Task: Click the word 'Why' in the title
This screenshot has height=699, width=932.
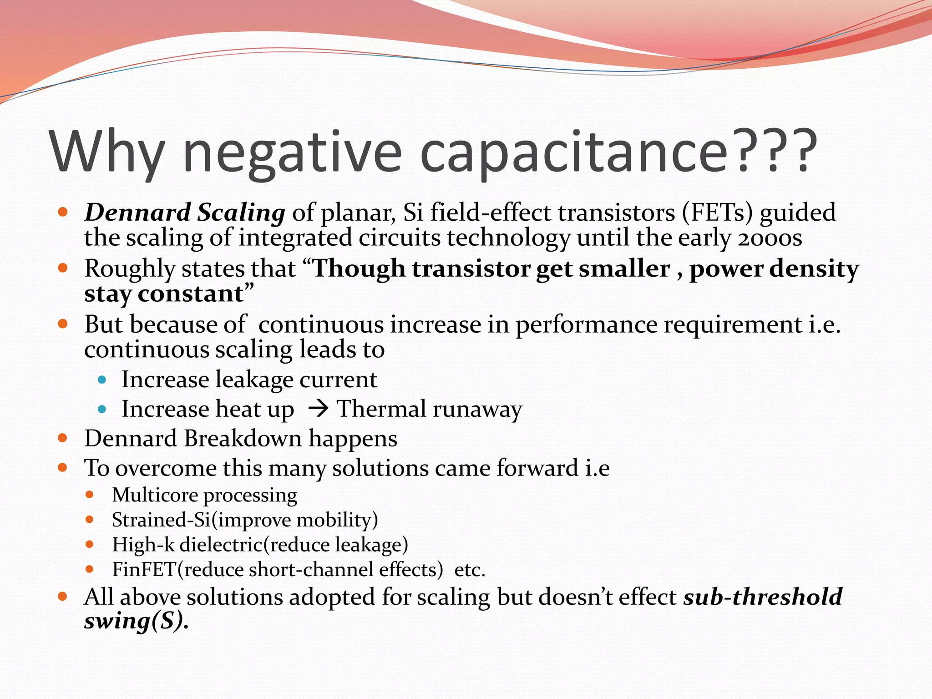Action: point(107,152)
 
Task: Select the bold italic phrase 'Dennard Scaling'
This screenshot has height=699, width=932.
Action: point(185,213)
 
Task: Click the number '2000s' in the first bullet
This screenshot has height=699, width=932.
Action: point(770,238)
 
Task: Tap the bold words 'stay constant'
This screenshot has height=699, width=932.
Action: point(164,294)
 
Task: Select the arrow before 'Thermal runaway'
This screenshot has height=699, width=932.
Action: point(318,408)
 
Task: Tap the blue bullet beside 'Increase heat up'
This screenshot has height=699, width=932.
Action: point(102,409)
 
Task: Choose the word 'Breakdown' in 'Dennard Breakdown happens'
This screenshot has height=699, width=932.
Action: point(243,439)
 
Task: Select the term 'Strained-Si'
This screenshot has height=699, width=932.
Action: point(161,520)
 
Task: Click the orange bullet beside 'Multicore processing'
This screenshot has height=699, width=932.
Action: point(90,495)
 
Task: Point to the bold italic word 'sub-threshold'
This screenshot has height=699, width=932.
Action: point(763,597)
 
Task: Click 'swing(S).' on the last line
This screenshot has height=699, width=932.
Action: point(136,621)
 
